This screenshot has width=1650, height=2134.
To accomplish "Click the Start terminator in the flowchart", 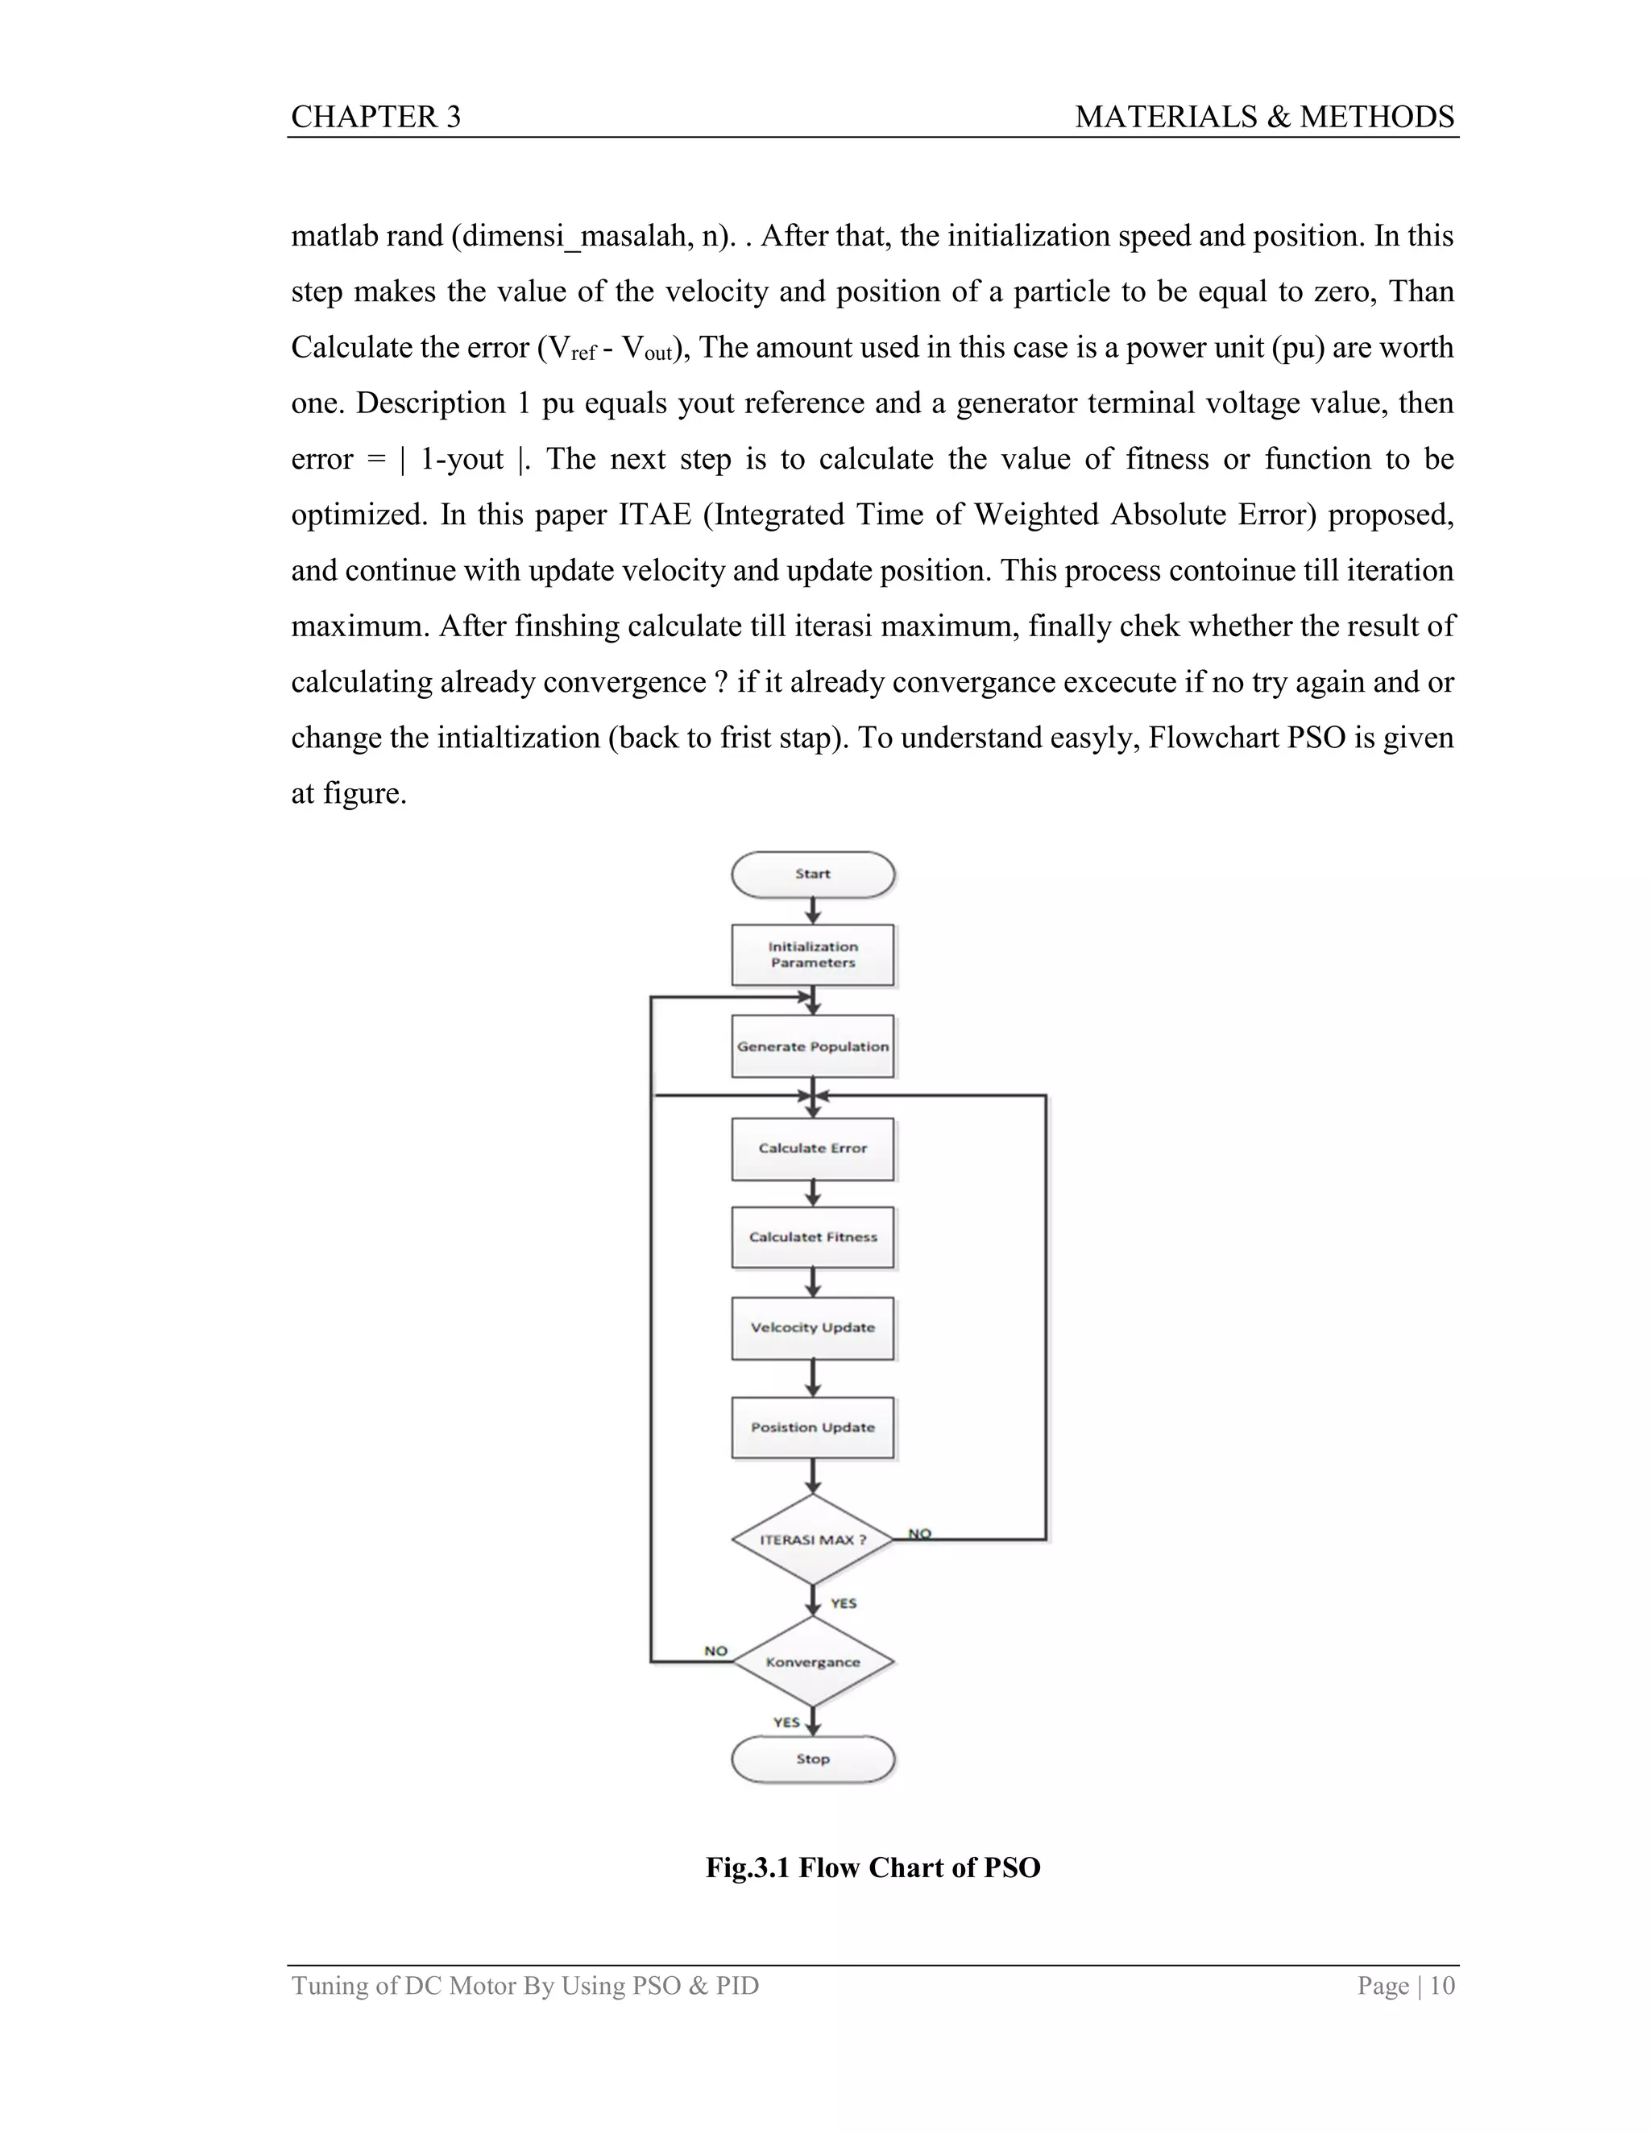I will coord(812,874).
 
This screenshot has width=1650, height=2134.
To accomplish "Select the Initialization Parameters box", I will coord(812,954).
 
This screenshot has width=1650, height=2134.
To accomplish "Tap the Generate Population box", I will coord(812,1047).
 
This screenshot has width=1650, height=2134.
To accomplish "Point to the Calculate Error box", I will coord(812,1148).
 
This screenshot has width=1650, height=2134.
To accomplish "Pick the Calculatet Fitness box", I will coord(812,1237).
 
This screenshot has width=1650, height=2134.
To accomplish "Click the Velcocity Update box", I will coord(812,1328).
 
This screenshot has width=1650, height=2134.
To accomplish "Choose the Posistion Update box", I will coord(812,1428).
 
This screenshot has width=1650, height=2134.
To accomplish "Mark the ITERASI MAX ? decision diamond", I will coord(812,1540).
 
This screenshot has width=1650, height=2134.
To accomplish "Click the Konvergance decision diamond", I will coord(812,1662).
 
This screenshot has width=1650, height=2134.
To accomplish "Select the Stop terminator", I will coord(812,1759).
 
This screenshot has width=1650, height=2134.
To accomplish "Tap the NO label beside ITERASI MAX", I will coord(918,1534).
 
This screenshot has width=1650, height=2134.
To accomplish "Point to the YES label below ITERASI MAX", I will coord(843,1603).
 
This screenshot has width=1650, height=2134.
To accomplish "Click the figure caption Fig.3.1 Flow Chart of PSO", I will coord(873,1867).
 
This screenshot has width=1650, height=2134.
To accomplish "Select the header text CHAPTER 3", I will coord(375,118).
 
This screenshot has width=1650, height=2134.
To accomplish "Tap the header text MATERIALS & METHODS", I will coord(1264,118).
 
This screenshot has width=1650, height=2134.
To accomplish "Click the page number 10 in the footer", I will coord(1442,1986).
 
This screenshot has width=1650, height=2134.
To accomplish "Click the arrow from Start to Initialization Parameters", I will coord(812,911).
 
